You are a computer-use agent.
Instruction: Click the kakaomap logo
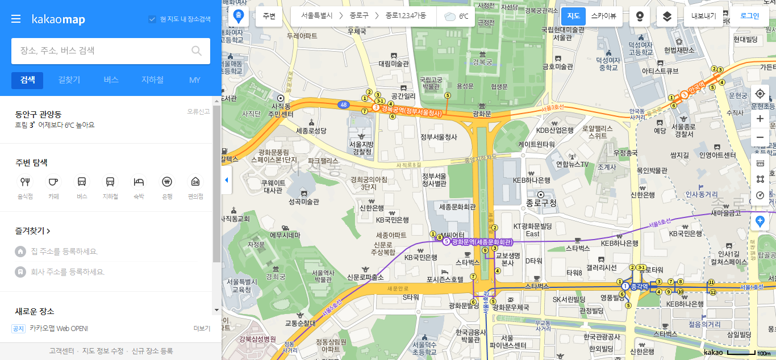[58, 19]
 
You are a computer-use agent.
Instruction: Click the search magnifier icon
[197, 51]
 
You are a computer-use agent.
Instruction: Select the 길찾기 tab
[69, 80]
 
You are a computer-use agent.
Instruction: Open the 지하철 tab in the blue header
[152, 80]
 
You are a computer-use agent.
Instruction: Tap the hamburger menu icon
[16, 19]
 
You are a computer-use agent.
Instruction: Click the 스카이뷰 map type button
[603, 16]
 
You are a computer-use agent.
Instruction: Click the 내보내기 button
[703, 16]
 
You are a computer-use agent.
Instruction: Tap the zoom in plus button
[760, 119]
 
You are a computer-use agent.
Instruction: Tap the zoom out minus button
[760, 137]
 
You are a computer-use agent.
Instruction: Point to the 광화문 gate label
[482, 114]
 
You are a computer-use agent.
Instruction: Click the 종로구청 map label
[541, 203]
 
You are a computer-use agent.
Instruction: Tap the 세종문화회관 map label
[457, 207]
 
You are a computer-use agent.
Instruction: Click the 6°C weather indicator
[457, 16]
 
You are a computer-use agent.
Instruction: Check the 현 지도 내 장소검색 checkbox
[152, 19]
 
